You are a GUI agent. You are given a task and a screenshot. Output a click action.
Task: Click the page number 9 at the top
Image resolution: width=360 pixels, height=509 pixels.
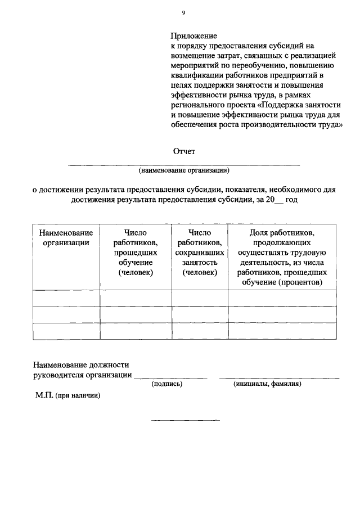click(x=183, y=12)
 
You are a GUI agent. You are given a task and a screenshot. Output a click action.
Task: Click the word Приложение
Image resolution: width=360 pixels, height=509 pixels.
click(x=194, y=35)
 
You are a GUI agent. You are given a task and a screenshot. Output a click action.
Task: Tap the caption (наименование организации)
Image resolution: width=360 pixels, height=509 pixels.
click(x=184, y=170)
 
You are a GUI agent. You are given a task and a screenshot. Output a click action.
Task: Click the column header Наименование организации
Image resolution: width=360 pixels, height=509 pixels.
click(x=65, y=237)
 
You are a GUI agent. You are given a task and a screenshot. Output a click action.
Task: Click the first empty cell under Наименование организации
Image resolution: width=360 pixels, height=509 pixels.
click(x=66, y=298)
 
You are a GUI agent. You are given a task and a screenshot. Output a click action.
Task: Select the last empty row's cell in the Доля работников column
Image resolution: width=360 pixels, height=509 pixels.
click(x=282, y=331)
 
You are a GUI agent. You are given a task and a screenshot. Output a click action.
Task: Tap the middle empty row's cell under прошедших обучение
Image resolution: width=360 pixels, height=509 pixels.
click(x=136, y=315)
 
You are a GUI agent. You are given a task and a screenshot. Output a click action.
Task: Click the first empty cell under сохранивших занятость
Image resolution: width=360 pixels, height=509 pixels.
click(x=200, y=298)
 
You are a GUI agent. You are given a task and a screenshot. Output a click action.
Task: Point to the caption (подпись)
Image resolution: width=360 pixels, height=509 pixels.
click(x=167, y=384)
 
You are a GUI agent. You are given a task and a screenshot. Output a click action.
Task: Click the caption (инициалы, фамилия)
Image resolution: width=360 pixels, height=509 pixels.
click(x=267, y=384)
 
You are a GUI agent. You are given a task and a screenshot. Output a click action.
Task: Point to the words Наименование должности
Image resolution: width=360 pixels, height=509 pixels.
click(x=81, y=364)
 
